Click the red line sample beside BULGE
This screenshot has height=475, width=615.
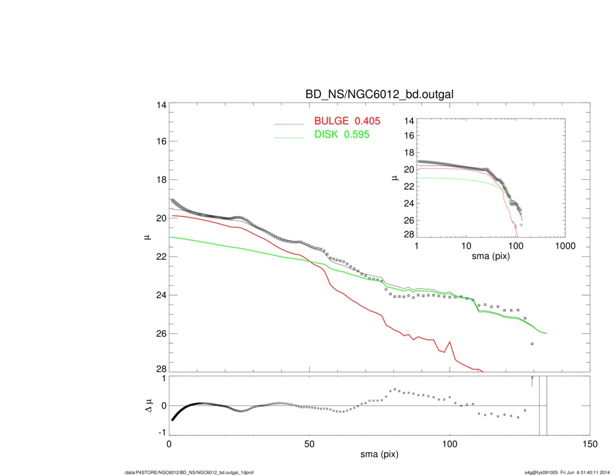pyautogui.click(x=288, y=124)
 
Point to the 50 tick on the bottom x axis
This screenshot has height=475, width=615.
pyautogui.click(x=309, y=444)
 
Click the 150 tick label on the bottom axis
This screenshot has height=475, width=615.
pyautogui.click(x=589, y=444)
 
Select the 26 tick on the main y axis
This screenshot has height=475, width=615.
pyautogui.click(x=160, y=334)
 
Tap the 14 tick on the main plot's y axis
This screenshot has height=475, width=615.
pyautogui.click(x=160, y=104)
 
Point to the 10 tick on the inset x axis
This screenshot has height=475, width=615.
pyautogui.click(x=466, y=246)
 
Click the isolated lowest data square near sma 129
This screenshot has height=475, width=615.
pyautogui.click(x=532, y=344)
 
